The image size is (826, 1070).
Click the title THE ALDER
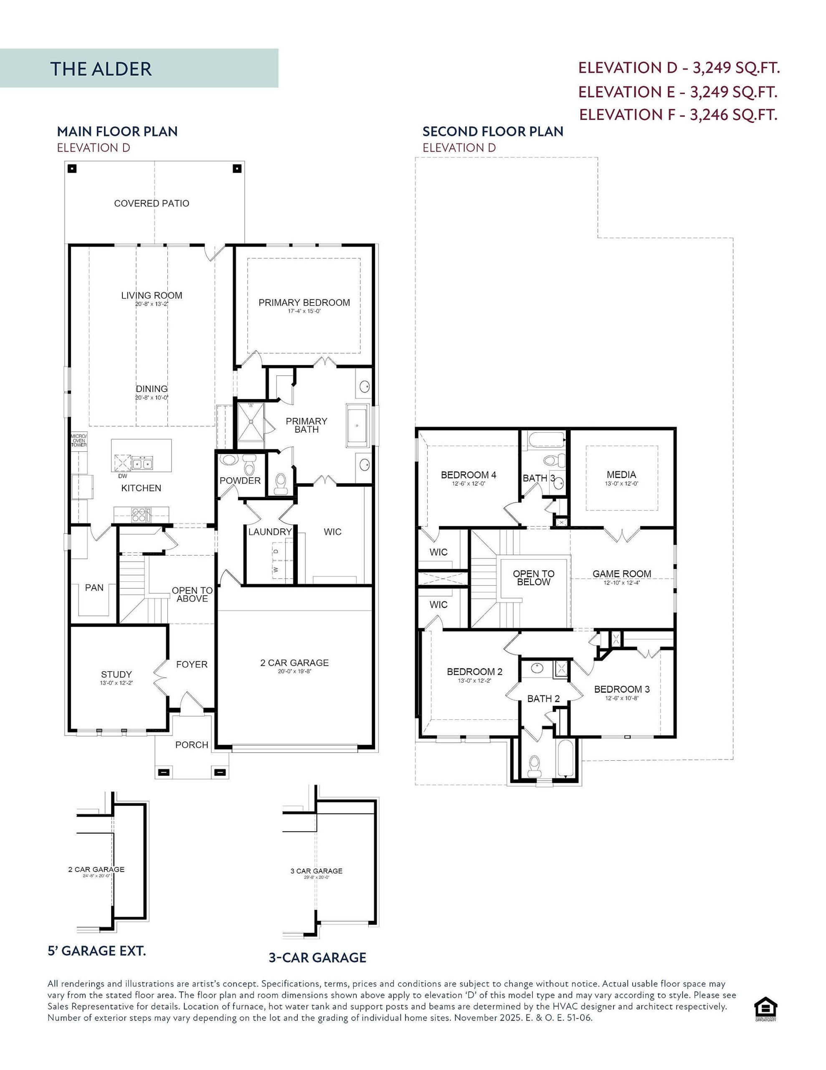click(101, 69)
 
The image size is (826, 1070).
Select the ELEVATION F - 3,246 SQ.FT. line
click(678, 115)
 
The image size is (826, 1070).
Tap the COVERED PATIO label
click(151, 203)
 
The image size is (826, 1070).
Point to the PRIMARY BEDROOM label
click(304, 303)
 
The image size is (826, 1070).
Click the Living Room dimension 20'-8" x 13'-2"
click(151, 304)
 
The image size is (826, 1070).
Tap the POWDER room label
click(240, 481)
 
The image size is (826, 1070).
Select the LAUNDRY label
click(270, 532)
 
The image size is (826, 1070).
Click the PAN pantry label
click(94, 587)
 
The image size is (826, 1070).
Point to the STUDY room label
click(116, 675)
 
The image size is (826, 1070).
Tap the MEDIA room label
click(621, 475)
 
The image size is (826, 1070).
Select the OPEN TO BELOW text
click(533, 578)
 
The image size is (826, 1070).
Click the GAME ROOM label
click(621, 574)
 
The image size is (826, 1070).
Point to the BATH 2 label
click(543, 699)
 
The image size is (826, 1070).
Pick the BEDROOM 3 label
click(621, 689)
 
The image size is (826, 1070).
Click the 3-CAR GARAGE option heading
click(317, 957)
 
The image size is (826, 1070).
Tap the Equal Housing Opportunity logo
click(766, 1010)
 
